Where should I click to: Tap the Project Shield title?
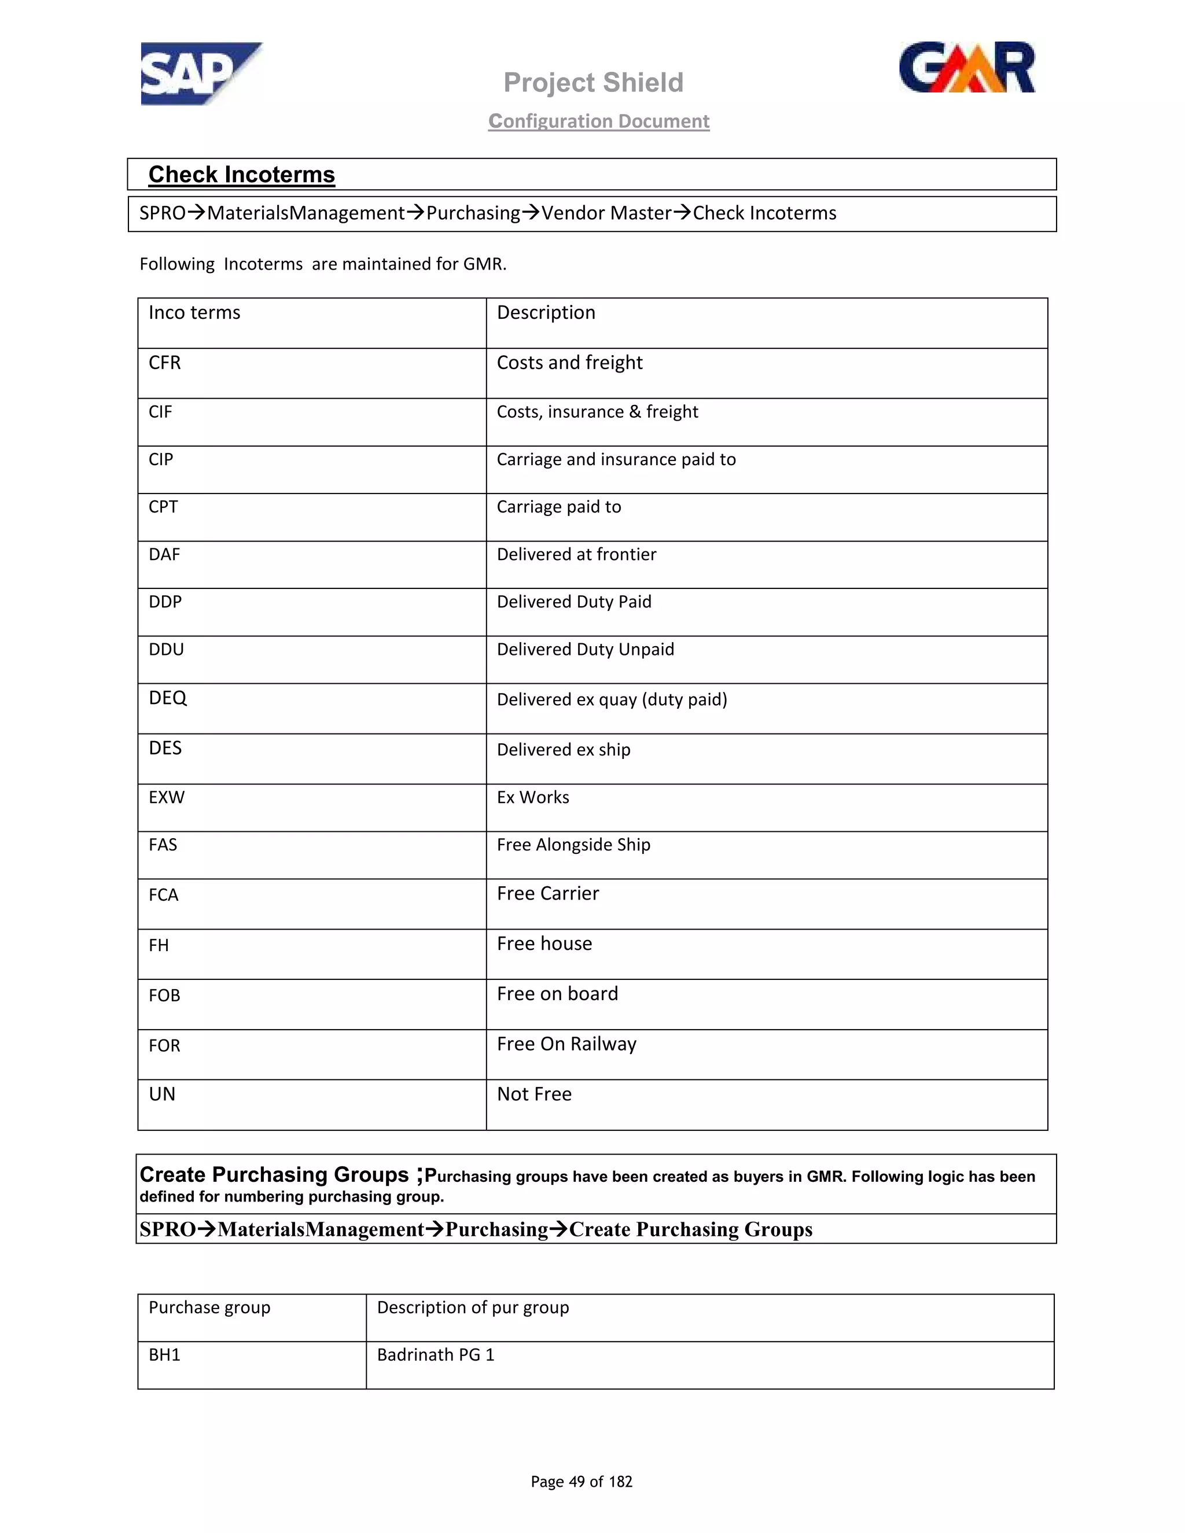[593, 83]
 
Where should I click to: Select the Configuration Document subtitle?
[599, 121]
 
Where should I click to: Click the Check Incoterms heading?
[241, 175]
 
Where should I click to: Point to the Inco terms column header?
[194, 313]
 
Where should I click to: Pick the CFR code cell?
[165, 363]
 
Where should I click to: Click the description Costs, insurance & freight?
[597, 412]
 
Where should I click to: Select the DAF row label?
[164, 555]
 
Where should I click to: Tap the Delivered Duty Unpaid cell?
[586, 649]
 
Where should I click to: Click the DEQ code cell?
[168, 698]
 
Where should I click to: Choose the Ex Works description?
[533, 797]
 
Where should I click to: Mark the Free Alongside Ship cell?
[573, 845]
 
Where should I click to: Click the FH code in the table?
[159, 945]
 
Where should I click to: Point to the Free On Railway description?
[566, 1044]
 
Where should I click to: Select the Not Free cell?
[534, 1095]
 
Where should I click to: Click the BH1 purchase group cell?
[164, 1355]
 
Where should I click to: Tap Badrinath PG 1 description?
[435, 1355]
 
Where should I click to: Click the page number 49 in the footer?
[576, 1482]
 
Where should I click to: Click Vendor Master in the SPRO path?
[606, 213]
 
